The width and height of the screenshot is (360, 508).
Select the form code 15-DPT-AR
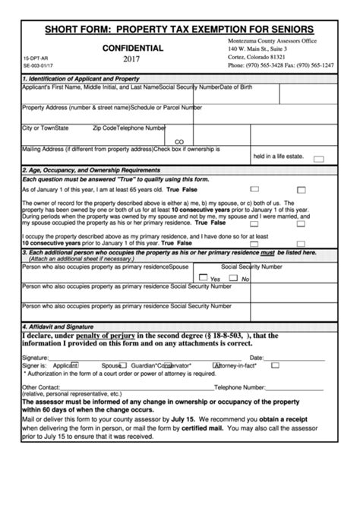[36, 58]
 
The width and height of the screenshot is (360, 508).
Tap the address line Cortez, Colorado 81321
[257, 57]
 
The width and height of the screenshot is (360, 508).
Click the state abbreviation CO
[179, 141]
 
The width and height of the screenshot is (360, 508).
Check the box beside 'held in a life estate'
[319, 159]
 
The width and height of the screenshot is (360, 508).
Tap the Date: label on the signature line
[257, 357]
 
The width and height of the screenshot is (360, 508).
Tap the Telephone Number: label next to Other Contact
[243, 387]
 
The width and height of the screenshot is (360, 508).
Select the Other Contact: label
[41, 387]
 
